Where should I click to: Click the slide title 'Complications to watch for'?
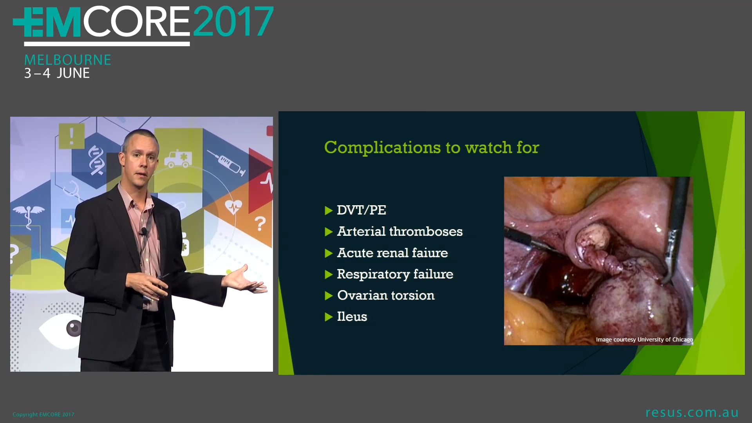tap(431, 148)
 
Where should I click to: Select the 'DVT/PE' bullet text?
tap(361, 210)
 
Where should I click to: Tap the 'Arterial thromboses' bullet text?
tap(399, 231)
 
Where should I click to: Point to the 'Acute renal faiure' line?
tap(392, 253)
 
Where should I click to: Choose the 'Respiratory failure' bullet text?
tap(395, 274)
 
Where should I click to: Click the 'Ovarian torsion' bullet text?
tap(385, 295)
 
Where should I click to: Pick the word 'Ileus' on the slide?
tap(352, 316)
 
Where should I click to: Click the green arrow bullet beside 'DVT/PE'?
tap(329, 211)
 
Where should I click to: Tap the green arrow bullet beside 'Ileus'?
tap(329, 317)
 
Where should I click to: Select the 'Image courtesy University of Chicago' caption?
tap(644, 340)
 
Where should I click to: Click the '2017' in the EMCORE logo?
tap(233, 22)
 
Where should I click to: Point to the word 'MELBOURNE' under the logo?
tap(68, 60)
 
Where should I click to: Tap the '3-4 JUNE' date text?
tap(57, 73)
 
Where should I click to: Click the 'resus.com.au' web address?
tap(692, 412)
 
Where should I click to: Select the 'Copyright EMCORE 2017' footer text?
tap(43, 414)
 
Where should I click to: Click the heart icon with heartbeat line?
tap(233, 207)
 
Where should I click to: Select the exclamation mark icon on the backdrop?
tap(71, 136)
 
